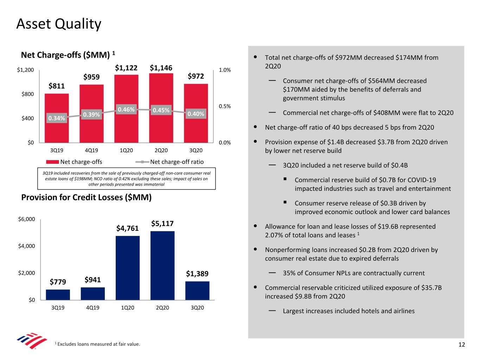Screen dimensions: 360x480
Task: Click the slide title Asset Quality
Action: click(59, 24)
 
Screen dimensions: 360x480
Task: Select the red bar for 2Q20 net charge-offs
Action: click(161, 127)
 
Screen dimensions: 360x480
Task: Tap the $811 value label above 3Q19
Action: click(57, 86)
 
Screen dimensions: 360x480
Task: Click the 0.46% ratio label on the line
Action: click(126, 109)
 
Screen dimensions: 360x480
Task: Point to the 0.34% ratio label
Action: click(57, 118)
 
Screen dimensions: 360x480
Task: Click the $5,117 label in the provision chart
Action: click(162, 224)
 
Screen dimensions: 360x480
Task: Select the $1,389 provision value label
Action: click(197, 274)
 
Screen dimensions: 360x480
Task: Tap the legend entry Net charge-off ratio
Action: click(177, 162)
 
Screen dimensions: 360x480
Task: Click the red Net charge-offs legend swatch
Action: click(52, 162)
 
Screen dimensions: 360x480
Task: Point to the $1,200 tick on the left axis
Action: click(25, 70)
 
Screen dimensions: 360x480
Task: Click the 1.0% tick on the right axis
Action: click(225, 70)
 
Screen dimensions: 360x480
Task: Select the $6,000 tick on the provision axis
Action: click(26, 219)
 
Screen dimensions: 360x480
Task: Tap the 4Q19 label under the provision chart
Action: click(92, 308)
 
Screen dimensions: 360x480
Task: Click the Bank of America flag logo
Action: click(32, 340)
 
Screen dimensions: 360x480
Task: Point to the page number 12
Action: click(461, 345)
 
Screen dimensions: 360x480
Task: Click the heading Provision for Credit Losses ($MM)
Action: click(86, 197)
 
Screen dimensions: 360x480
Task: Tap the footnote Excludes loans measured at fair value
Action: click(98, 344)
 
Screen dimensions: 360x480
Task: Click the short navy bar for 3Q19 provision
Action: click(58, 295)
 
